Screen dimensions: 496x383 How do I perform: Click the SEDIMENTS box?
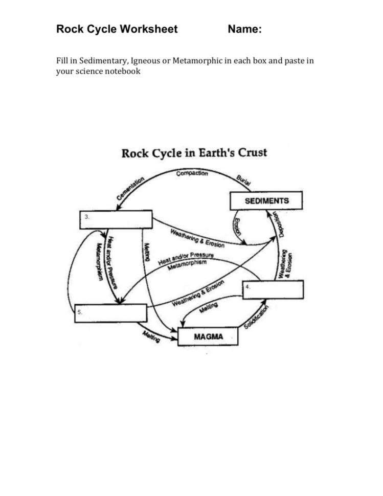click(x=266, y=200)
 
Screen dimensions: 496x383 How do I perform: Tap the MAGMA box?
click(x=208, y=337)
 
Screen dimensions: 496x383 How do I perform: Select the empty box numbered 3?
click(x=117, y=219)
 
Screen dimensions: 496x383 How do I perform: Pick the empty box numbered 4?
click(x=273, y=289)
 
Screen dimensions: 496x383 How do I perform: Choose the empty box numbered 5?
click(x=111, y=313)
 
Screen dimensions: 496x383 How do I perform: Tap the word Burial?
click(x=244, y=180)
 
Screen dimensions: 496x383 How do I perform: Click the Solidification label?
click(x=257, y=318)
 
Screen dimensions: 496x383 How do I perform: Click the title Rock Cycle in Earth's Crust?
click(x=194, y=153)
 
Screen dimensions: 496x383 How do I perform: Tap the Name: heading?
click(x=245, y=30)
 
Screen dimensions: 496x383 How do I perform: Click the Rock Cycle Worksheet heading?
click(x=117, y=29)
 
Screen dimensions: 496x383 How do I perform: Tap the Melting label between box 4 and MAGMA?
click(x=209, y=308)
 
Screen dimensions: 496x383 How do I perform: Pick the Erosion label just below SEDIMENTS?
click(x=237, y=227)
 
